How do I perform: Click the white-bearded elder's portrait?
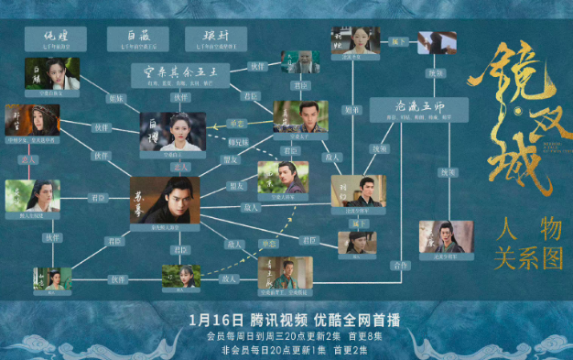(x=300, y=61)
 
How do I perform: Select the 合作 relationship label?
(x=397, y=265)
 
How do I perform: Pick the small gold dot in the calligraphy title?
(x=519, y=115)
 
